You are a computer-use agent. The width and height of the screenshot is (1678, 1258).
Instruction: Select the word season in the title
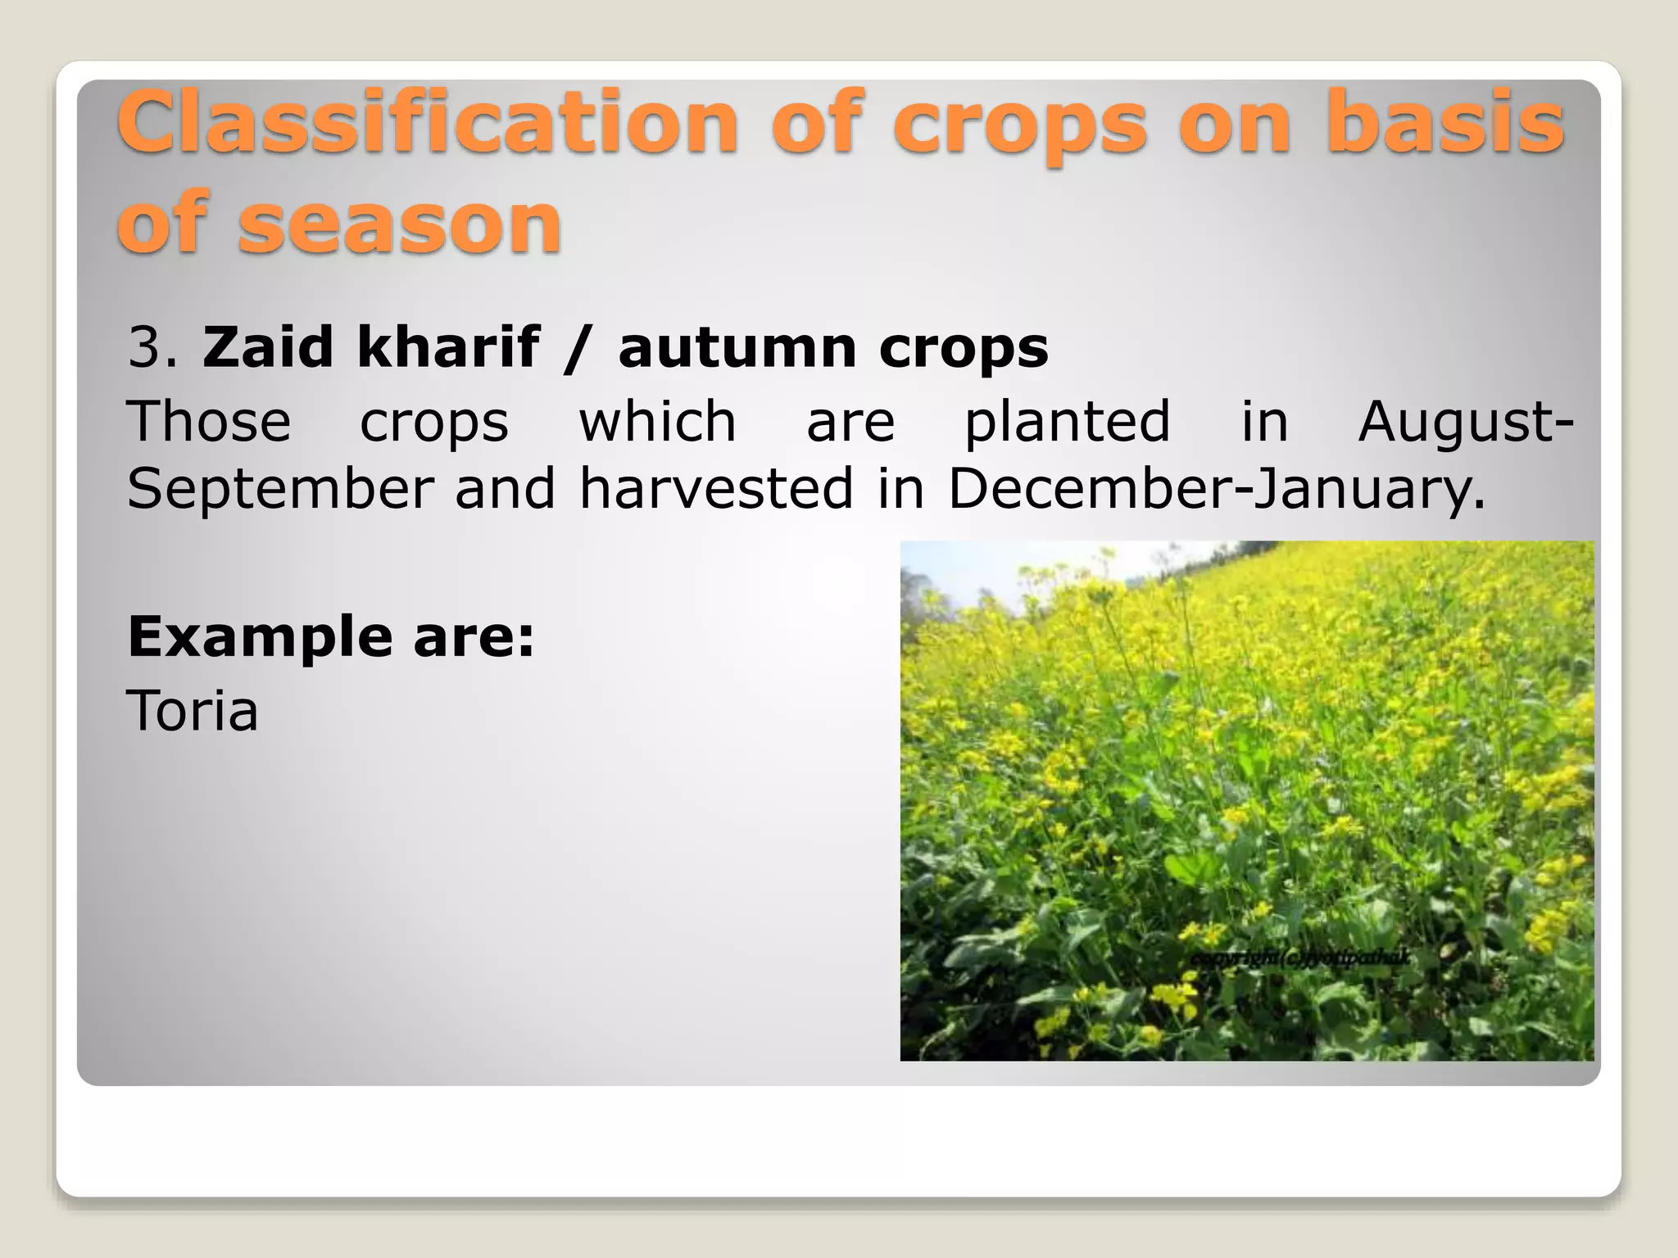click(400, 222)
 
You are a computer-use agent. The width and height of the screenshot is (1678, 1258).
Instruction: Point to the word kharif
click(449, 347)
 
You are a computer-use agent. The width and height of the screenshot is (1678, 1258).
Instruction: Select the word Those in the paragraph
click(209, 422)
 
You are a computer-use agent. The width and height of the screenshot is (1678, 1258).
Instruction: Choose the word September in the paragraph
click(279, 490)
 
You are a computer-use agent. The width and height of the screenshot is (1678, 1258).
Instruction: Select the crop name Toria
click(193, 711)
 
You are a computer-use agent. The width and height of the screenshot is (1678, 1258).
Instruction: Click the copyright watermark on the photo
click(1299, 957)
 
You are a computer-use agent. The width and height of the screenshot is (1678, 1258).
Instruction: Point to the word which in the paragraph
click(657, 422)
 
